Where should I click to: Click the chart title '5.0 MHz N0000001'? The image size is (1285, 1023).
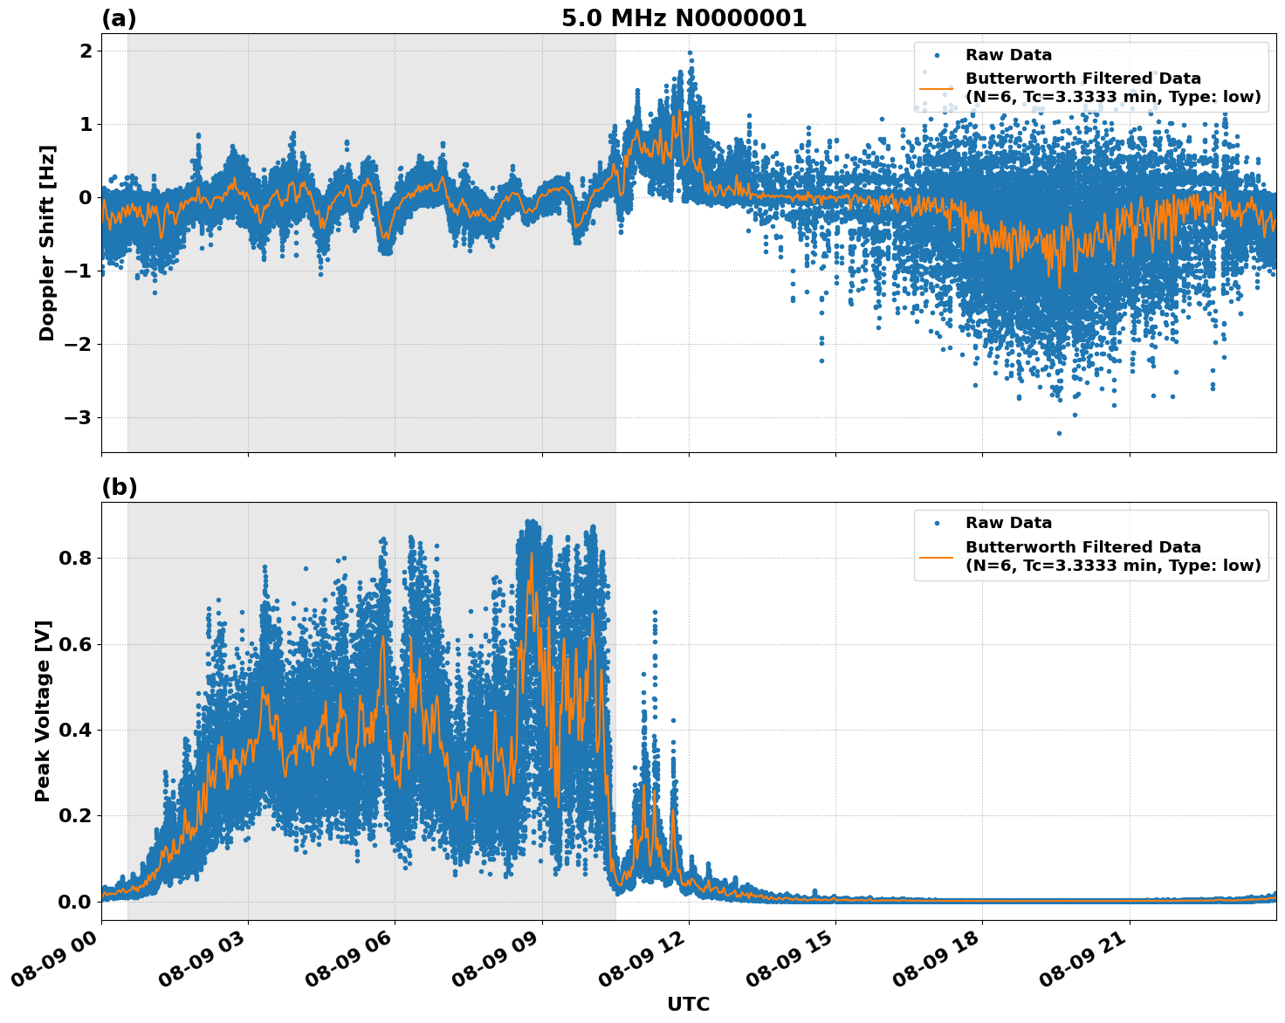tap(684, 18)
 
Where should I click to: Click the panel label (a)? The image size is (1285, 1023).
tap(119, 18)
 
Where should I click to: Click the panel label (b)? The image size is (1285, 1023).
tap(119, 487)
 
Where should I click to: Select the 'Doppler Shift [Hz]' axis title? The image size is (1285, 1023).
tap(47, 243)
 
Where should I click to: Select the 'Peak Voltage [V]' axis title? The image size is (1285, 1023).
tap(43, 711)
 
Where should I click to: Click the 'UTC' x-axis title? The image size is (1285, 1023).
tap(688, 1004)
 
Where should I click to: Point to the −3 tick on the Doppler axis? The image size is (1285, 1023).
tap(78, 417)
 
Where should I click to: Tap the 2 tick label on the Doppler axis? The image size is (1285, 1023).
tap(86, 51)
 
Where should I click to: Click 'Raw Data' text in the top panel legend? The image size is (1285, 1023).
tap(1008, 55)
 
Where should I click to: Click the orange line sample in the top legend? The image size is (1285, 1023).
tap(937, 87)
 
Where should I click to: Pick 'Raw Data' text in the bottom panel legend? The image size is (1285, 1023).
tap(1008, 523)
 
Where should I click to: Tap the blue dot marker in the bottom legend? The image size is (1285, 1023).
tap(937, 523)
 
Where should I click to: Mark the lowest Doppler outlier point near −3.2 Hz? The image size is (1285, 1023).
tap(1059, 433)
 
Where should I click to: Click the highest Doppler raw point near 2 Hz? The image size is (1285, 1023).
tap(690, 53)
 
